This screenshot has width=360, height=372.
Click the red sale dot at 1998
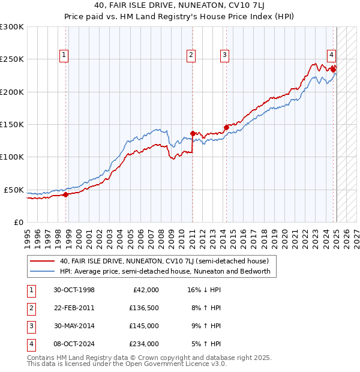pos(65,194)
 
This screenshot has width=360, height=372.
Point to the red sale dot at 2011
pos(193,133)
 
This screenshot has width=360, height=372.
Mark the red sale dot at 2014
pos(226,127)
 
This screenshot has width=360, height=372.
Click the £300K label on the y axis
pos(12,27)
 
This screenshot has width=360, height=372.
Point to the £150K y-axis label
pos(12,124)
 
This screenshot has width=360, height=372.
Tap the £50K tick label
pos(14,190)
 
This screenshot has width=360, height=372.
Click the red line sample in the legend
pos(42,261)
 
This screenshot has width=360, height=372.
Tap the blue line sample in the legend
pos(42,271)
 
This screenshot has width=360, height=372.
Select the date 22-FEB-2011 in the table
pos(74,308)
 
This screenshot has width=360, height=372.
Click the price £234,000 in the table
pos(144,344)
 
